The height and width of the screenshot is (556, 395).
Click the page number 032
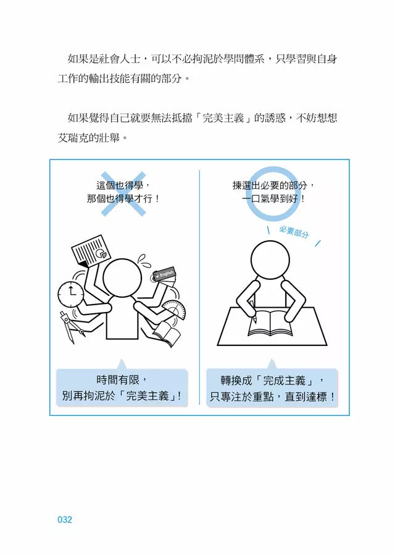coord(65,520)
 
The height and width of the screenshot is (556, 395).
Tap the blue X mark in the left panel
coord(123,193)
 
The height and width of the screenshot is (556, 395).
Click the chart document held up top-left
coord(90,252)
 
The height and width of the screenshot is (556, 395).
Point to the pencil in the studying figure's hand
coord(253,314)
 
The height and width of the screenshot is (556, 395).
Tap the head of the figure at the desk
coord(272,259)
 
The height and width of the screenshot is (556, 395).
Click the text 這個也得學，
coord(123,185)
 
